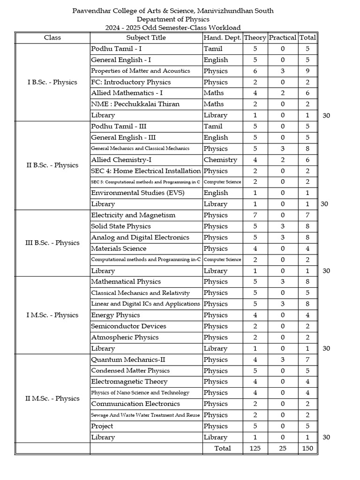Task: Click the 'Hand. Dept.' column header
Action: (223, 37)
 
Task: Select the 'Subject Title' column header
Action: (146, 37)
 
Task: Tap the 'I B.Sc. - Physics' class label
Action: (52, 82)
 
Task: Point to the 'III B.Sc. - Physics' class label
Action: (52, 243)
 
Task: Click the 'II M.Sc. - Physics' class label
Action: (52, 398)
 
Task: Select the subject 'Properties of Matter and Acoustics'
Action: (141, 71)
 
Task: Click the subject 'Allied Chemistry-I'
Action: (121, 160)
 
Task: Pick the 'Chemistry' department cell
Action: (220, 160)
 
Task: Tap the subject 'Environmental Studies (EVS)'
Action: (138, 193)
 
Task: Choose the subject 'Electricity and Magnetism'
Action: (133, 215)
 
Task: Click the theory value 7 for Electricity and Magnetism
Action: (255, 215)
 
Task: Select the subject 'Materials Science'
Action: (119, 248)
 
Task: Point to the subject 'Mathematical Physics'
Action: (126, 282)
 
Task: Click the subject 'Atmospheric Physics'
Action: (125, 337)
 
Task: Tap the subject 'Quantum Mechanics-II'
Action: (128, 360)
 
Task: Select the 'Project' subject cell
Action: (102, 426)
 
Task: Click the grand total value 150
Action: (307, 448)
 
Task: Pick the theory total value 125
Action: (255, 448)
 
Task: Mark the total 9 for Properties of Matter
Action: (307, 71)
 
